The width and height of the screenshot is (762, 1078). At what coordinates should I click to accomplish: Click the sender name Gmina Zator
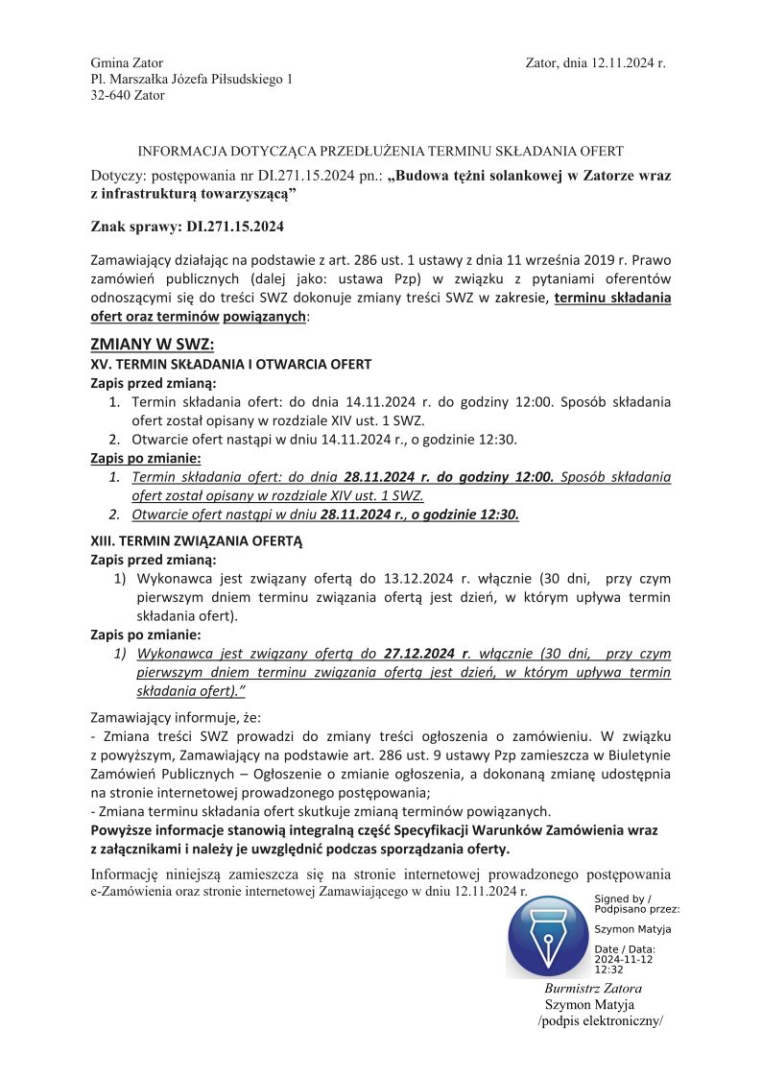tap(120, 62)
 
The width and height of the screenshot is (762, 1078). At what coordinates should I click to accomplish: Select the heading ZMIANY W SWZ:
tap(152, 345)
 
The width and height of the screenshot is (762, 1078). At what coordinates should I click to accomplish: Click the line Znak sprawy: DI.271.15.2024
tap(187, 228)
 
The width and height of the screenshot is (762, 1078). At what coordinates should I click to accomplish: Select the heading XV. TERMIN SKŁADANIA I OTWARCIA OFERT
tap(230, 365)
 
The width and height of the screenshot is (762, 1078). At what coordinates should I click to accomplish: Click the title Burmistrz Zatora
tap(593, 988)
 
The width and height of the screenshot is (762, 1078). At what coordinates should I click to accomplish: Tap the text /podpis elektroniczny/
tap(601, 1020)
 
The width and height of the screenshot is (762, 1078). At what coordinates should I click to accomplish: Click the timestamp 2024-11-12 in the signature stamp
tap(623, 959)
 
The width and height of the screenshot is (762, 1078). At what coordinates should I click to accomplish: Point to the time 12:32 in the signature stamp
tap(608, 970)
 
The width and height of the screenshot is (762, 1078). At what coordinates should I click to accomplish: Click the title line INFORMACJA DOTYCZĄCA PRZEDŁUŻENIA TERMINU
tap(381, 151)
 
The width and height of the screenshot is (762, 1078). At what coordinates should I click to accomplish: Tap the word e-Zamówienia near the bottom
tap(131, 891)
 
